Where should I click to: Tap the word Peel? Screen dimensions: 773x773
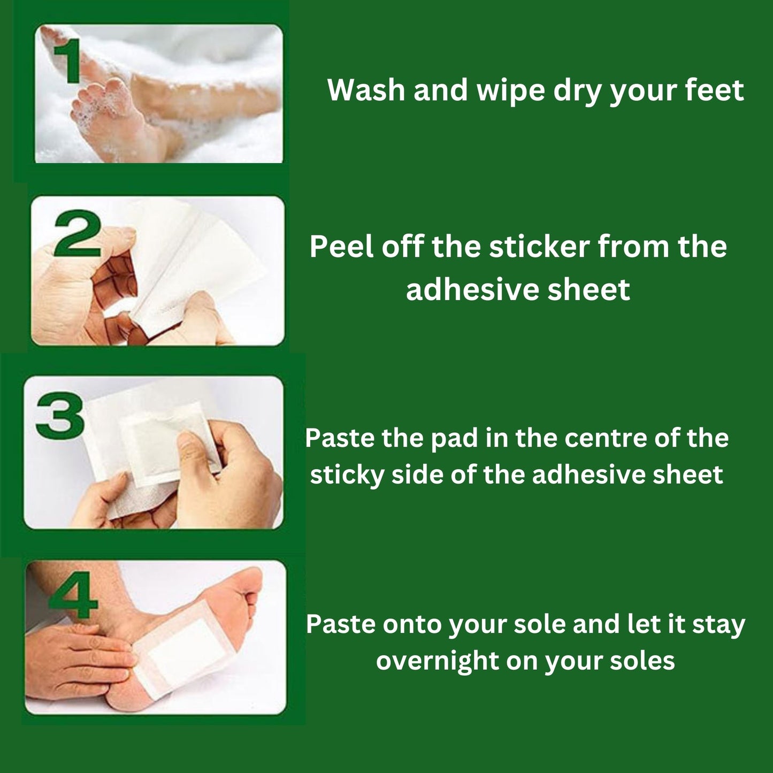[336, 247]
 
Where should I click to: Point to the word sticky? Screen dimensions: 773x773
[347, 474]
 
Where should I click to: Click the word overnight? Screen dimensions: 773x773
[438, 661]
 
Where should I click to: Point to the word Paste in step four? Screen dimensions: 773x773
[340, 625]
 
